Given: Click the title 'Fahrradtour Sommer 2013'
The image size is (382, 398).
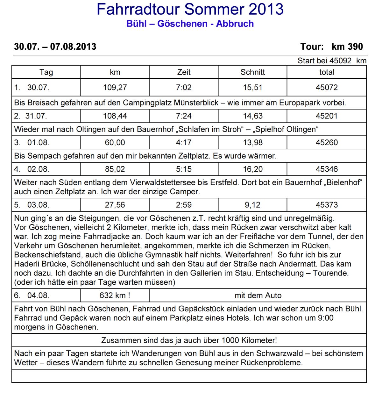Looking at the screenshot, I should pos(190,9).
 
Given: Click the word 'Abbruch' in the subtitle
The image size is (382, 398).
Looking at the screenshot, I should pos(235,24).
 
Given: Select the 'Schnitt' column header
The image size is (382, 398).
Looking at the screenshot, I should pos(252,72).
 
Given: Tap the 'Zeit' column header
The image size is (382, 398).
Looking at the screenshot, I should pos(184,72).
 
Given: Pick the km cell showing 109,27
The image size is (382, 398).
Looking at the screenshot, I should pos(115,87).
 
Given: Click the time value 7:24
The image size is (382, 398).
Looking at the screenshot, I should pos(184,116).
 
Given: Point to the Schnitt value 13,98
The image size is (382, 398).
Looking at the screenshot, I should pos(253,142).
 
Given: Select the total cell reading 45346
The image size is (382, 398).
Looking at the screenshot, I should pos(327,169).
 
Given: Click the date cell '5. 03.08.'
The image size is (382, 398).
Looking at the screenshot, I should pos(32,205).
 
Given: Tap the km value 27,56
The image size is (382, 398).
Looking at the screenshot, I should pos(115,205).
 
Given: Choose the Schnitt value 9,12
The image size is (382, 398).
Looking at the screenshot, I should pos(252,205).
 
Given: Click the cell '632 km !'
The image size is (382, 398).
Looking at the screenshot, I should pos(115,295).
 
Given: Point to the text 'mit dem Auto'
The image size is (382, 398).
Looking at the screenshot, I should pos(258,295).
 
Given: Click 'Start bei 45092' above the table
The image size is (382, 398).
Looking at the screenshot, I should pos(324,60).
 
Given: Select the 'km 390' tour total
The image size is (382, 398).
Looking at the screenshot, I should pos(347,46).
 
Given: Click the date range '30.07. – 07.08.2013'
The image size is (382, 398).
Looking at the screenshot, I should pos(55,46).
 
